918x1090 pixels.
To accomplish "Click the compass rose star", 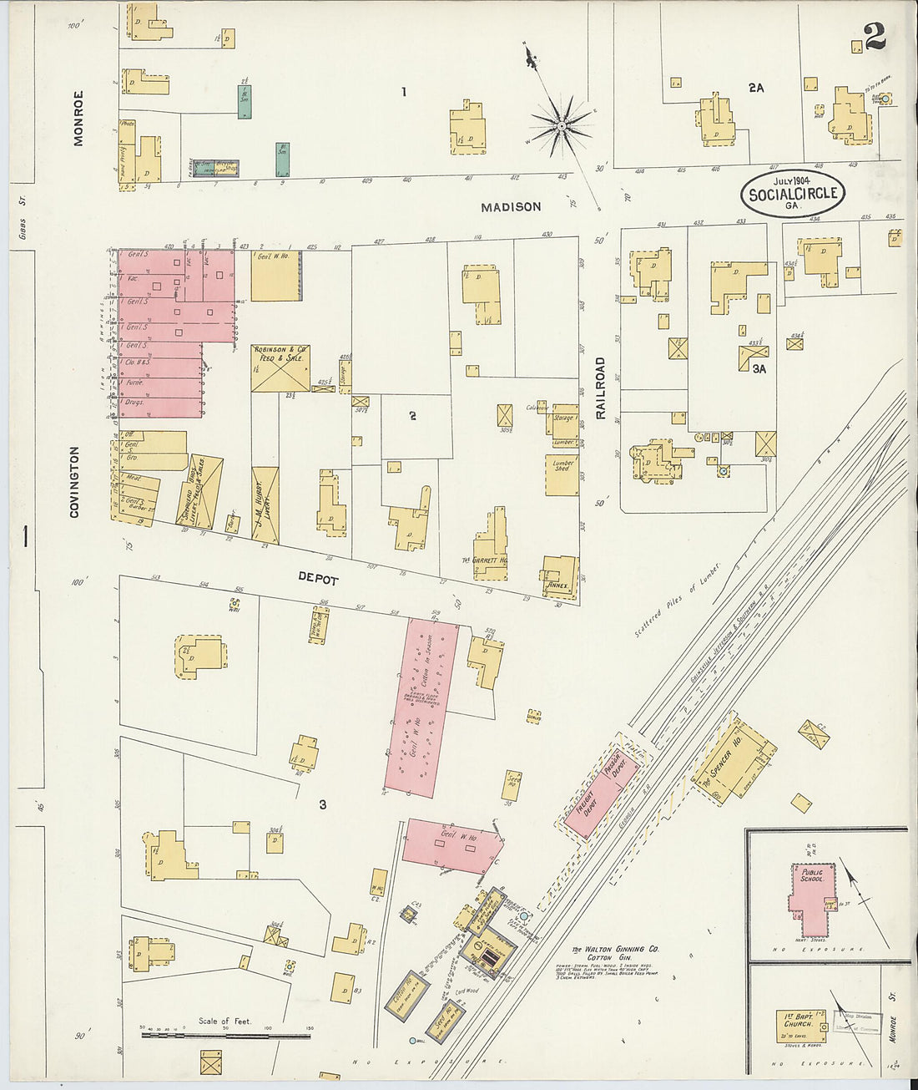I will pos(562,126).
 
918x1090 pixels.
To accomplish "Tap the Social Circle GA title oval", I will pos(792,194).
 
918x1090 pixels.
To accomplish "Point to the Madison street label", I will pos(511,206).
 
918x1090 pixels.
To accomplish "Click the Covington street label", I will pos(74,482).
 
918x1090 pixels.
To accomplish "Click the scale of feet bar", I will pos(225,1035).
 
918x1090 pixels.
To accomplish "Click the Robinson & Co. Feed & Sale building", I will pos(280,368).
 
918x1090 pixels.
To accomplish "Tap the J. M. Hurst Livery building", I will pos(263,505).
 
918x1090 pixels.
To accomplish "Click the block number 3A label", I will pos(758,368).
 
